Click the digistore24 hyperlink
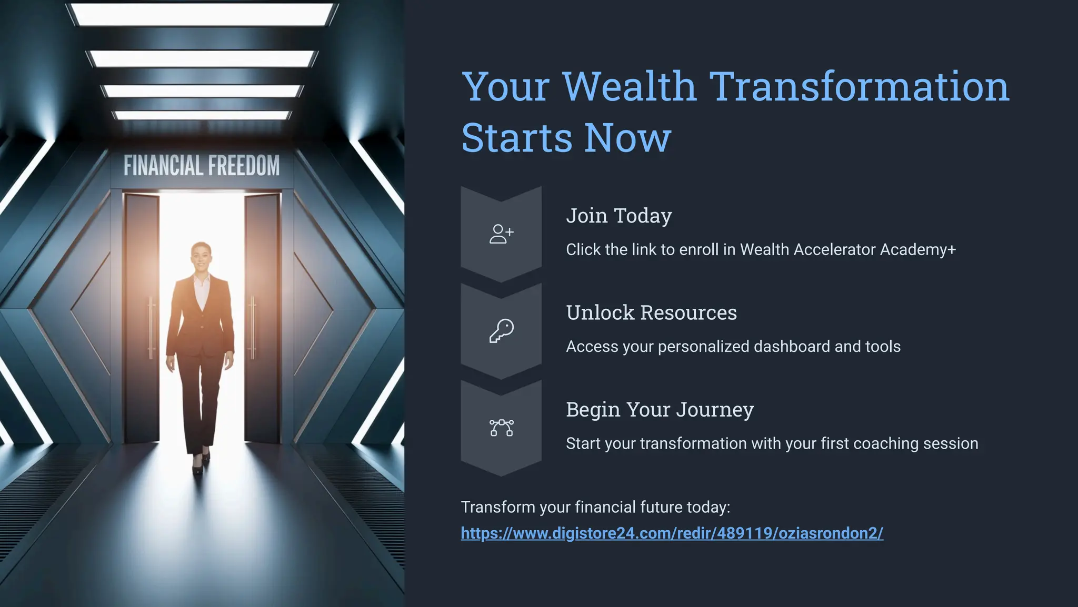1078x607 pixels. tap(672, 533)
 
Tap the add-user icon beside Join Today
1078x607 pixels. tap(501, 234)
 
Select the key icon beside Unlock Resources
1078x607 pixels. tap(501, 331)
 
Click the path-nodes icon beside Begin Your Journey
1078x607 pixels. tap(501, 428)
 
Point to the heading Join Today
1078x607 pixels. tap(618, 216)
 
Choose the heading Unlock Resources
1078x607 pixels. tap(651, 313)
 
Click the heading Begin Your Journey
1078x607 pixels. tap(660, 410)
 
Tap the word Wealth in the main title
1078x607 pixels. tap(629, 86)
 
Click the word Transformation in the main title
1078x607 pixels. tap(859, 86)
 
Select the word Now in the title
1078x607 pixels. tap(627, 138)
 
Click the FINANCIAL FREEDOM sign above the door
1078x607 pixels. tap(202, 166)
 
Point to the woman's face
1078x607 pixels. tap(201, 257)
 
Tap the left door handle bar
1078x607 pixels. tap(151, 326)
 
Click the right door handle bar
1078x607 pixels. tap(253, 326)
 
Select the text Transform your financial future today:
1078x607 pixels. tap(595, 507)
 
